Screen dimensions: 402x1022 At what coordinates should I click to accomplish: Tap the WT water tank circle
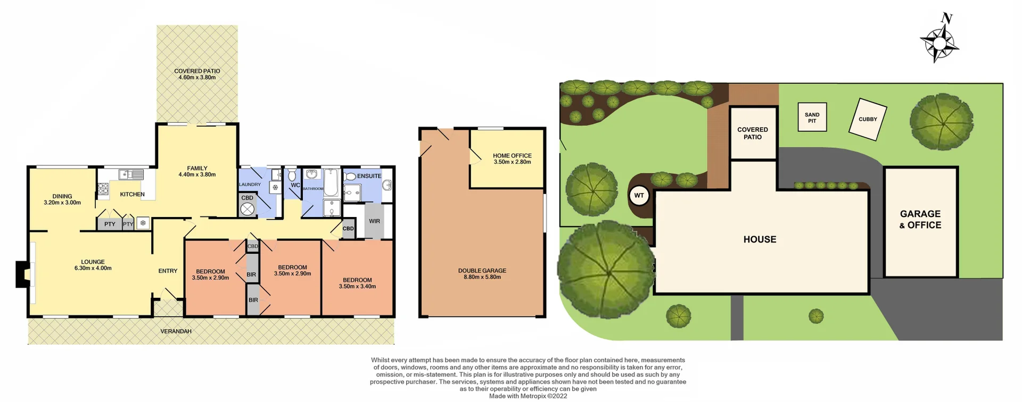click(x=639, y=196)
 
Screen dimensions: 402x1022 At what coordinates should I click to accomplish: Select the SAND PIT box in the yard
click(x=812, y=118)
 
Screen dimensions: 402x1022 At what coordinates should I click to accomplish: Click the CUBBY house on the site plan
click(x=868, y=120)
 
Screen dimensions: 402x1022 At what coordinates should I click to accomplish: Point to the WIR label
click(x=374, y=221)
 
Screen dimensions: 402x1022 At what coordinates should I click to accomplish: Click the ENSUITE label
click(x=369, y=176)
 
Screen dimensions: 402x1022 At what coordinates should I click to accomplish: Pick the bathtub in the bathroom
click(x=331, y=182)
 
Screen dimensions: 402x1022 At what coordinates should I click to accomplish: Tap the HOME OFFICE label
click(x=512, y=156)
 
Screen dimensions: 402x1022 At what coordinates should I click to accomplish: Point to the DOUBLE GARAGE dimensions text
click(x=482, y=277)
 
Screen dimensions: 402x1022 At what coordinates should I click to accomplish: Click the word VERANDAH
click(x=176, y=331)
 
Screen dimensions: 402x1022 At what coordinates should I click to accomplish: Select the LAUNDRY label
click(x=250, y=185)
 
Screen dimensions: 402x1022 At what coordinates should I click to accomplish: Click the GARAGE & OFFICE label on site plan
click(x=920, y=219)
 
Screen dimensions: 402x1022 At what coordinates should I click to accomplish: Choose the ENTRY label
click(x=168, y=271)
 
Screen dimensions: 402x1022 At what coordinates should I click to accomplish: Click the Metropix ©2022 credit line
click(x=528, y=396)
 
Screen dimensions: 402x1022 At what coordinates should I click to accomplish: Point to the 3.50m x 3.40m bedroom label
click(x=357, y=287)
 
